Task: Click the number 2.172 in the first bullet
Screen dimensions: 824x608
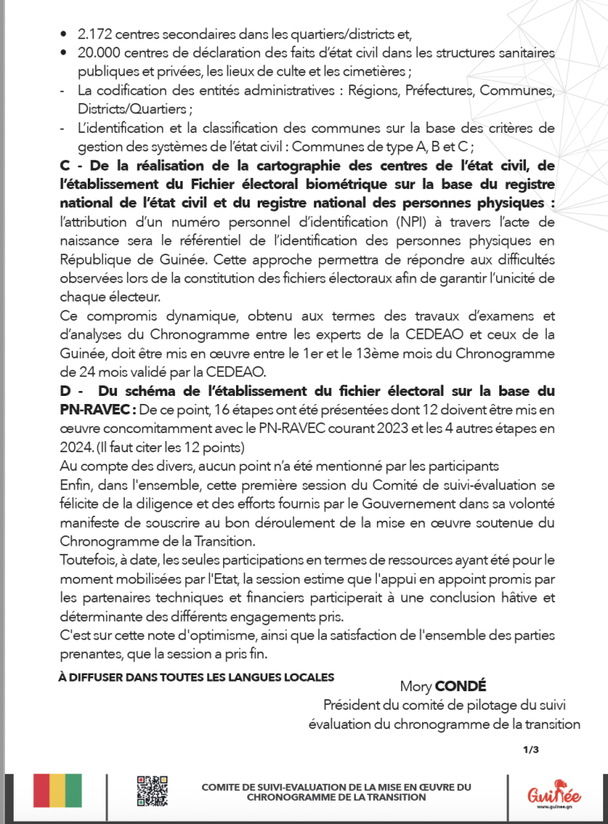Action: point(94,34)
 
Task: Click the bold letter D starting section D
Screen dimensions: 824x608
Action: point(65,391)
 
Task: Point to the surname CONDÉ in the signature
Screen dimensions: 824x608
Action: point(460,686)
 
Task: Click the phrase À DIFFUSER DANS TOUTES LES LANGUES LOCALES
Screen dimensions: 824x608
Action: point(196,678)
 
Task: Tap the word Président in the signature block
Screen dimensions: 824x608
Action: point(351,705)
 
